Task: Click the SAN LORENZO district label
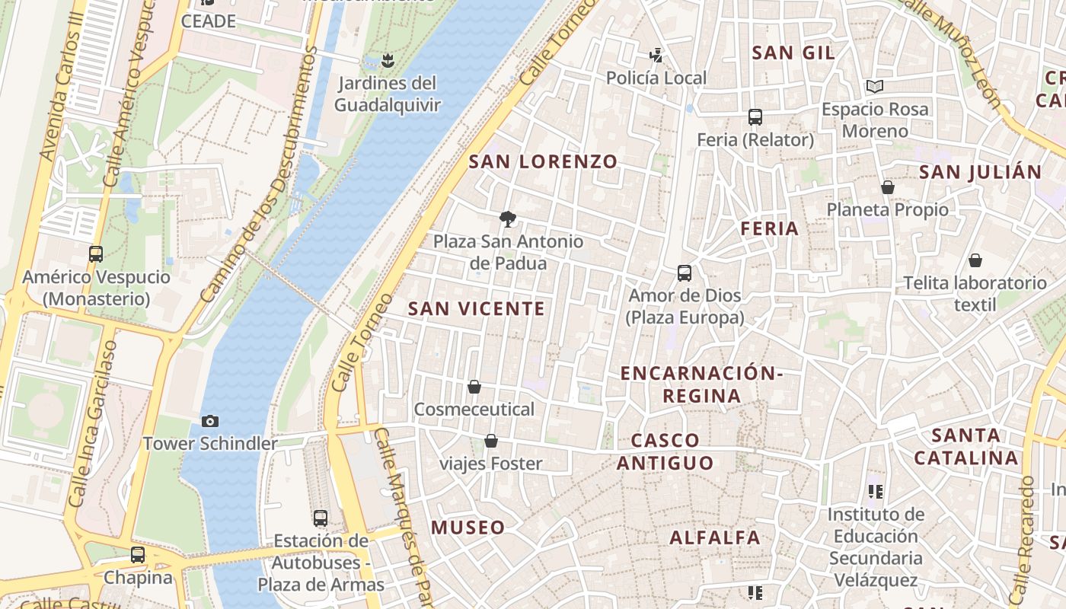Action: pyautogui.click(x=542, y=161)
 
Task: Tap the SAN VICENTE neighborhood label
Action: pyautogui.click(x=477, y=308)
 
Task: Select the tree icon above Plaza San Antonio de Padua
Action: pyautogui.click(x=507, y=220)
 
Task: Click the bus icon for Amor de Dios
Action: pyautogui.click(x=685, y=273)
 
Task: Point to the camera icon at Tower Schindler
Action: pyautogui.click(x=210, y=421)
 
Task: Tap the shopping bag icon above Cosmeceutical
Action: pyautogui.click(x=474, y=387)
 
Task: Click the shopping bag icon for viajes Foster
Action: pyautogui.click(x=491, y=442)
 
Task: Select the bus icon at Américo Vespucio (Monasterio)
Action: pyautogui.click(x=96, y=254)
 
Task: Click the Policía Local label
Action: pyautogui.click(x=656, y=78)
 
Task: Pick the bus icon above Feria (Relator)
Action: pyautogui.click(x=755, y=117)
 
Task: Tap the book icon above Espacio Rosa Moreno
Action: pyautogui.click(x=875, y=87)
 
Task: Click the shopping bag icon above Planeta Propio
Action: pyautogui.click(x=887, y=187)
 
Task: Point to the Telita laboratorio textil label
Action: pyautogui.click(x=975, y=294)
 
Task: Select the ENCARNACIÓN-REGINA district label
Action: pyautogui.click(x=701, y=384)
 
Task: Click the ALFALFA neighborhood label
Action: pyautogui.click(x=714, y=537)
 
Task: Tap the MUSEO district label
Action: pyautogui.click(x=468, y=528)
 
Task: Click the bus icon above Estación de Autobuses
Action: pyautogui.click(x=321, y=518)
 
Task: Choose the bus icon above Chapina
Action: pyautogui.click(x=138, y=555)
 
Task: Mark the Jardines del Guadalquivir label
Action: pyautogui.click(x=388, y=94)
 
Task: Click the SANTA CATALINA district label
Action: pyautogui.click(x=966, y=447)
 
